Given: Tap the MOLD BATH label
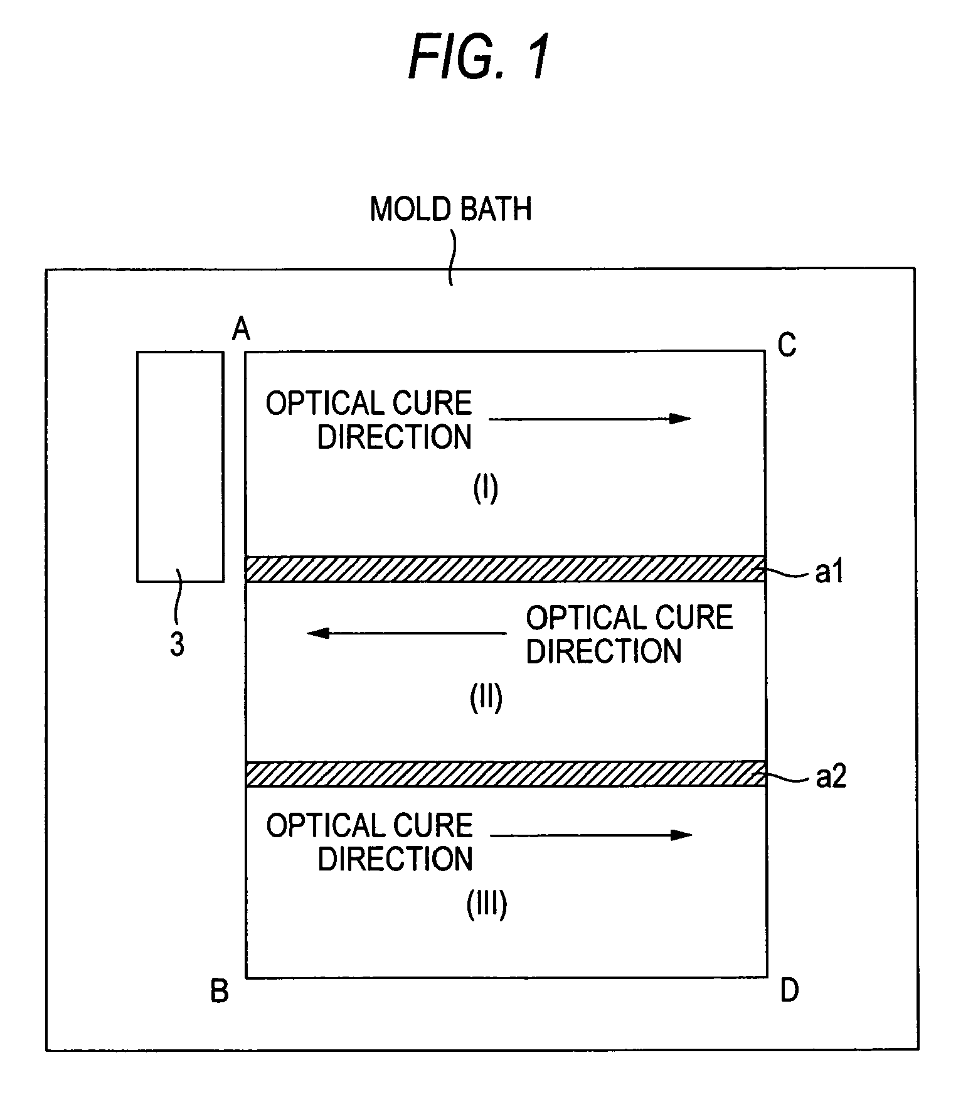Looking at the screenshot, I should (450, 209).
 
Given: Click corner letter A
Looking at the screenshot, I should (241, 328).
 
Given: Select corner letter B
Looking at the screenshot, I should (219, 992).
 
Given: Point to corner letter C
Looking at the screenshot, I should (787, 345).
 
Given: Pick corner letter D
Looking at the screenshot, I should (789, 990).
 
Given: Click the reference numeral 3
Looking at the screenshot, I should (177, 644).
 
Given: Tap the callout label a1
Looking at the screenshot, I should (829, 572).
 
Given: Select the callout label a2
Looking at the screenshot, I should (831, 778).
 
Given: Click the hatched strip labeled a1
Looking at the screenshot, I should (505, 569).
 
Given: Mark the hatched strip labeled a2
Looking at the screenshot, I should (505, 774).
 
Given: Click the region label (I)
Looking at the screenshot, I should (486, 488).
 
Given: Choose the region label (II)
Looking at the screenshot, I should (486, 698).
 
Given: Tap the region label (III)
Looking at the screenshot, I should (487, 905).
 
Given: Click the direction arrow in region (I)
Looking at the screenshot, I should (590, 419).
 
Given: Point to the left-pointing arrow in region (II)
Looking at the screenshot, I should (407, 633).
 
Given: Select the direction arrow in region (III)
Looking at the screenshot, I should (591, 835).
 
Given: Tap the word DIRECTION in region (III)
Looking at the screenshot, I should (395, 859).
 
